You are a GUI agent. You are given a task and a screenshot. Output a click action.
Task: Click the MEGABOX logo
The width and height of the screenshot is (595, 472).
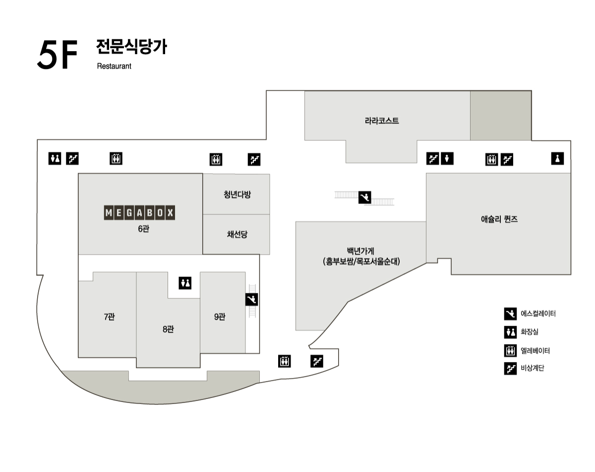[x=139, y=212]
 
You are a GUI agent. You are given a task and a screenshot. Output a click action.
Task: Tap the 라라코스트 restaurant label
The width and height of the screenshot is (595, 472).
[x=382, y=121]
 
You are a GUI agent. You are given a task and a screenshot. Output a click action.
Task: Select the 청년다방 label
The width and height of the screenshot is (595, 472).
[x=237, y=195]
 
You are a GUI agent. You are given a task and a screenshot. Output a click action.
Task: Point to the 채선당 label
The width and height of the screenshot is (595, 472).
[x=237, y=234]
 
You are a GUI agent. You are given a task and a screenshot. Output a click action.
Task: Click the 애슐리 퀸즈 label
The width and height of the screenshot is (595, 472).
[x=499, y=219]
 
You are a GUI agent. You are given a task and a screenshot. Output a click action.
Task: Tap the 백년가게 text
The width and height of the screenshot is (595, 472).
[x=360, y=251]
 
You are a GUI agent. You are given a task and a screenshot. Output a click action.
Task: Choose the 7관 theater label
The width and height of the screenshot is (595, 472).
[x=109, y=317]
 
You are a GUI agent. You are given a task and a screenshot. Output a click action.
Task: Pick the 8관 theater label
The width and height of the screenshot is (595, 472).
[x=168, y=329]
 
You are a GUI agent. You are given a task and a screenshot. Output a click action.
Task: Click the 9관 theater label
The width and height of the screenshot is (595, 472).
[x=220, y=317]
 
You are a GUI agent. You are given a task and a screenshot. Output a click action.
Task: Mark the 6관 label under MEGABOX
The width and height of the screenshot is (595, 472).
[x=143, y=229]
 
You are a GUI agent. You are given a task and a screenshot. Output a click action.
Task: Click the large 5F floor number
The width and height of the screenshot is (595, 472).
[x=57, y=55]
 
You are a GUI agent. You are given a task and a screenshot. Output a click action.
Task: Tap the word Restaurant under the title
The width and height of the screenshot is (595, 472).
[x=114, y=66]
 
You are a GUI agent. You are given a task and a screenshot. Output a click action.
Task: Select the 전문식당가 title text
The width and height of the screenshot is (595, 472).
[x=131, y=47]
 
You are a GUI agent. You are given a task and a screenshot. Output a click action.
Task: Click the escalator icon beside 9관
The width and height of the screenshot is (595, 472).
[x=251, y=300]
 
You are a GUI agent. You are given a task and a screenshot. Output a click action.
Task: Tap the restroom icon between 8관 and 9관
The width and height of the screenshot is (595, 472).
[x=185, y=283]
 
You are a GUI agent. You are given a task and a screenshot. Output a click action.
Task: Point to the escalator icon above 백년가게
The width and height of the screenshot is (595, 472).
[x=365, y=198]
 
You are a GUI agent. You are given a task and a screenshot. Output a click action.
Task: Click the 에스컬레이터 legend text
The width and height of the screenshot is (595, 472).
[x=538, y=314]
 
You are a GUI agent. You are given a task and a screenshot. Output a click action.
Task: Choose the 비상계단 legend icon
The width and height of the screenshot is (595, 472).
[x=510, y=368]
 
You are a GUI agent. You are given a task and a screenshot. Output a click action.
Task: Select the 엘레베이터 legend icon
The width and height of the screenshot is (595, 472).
[x=510, y=350]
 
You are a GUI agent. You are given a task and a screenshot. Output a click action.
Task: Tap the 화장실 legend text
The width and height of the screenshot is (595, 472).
[x=530, y=332]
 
